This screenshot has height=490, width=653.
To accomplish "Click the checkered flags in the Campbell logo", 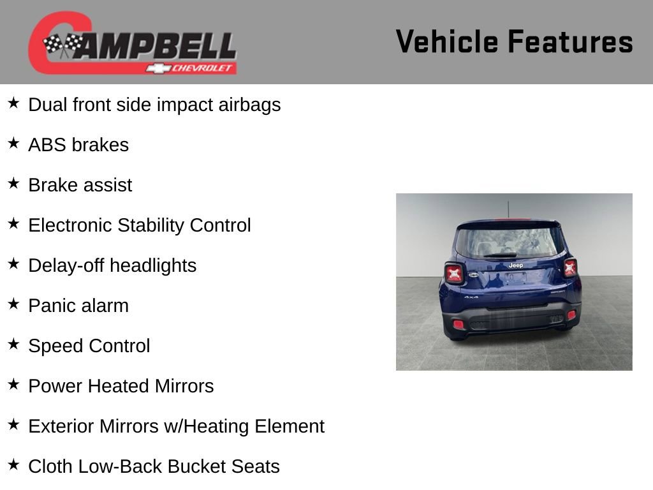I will tap(62, 45).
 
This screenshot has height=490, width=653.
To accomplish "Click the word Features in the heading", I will tap(570, 42).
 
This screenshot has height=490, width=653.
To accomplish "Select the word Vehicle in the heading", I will tap(447, 42).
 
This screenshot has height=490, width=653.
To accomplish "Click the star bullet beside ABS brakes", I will tap(13, 144).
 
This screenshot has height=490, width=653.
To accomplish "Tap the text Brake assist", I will tap(80, 185).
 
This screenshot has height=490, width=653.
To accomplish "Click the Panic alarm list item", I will tap(78, 306).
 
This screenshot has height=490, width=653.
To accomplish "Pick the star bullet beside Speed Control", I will tap(13, 345).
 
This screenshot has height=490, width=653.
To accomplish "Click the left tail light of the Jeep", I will tap(454, 273).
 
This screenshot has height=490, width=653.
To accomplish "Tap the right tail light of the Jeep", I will tap(569, 267).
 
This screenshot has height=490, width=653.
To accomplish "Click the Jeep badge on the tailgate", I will tap(515, 265).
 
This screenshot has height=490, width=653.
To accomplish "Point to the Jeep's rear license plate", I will tap(515, 278).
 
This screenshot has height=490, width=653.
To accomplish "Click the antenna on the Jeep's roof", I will tap(508, 209).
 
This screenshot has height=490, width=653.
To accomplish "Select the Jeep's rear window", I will tap(509, 242).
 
